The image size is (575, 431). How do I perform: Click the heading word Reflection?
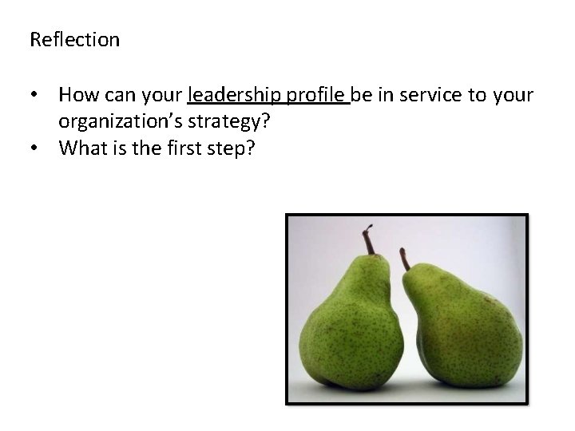point(74,39)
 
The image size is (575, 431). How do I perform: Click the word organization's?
point(121,122)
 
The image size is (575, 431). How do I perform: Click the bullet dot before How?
point(34,97)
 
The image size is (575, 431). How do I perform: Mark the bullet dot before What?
point(34,148)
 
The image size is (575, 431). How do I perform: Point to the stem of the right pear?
point(403,259)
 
